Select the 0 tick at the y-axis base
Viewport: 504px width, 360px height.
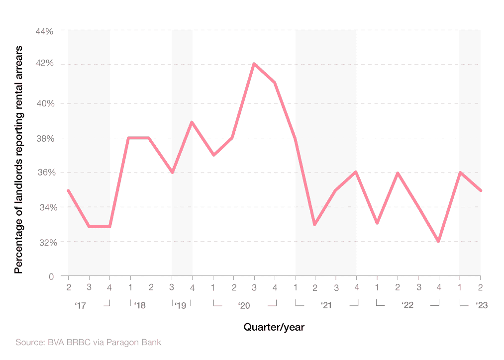tap(51, 276)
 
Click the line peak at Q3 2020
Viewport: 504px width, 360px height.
tap(254, 64)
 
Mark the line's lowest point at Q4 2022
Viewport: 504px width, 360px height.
tap(438, 241)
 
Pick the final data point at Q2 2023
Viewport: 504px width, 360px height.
tap(480, 190)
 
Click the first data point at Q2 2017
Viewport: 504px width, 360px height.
tap(68, 190)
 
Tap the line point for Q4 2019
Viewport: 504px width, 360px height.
tap(192, 122)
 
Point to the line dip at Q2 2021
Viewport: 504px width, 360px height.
tap(315, 224)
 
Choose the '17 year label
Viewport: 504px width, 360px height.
tap(81, 305)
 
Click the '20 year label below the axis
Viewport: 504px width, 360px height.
tap(244, 305)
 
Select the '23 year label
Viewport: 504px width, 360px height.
tap(481, 305)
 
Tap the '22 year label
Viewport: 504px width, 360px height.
tap(407, 305)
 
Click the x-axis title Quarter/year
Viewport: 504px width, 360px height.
tap(274, 327)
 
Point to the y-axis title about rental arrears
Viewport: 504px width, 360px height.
tap(19, 159)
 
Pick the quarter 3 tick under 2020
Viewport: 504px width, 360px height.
tap(254, 287)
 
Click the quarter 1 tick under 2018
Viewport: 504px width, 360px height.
tap(130, 287)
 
